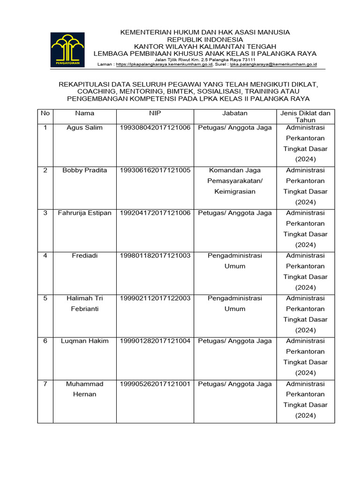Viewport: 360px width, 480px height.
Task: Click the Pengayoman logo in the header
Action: [67, 49]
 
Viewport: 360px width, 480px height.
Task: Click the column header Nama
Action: [84, 113]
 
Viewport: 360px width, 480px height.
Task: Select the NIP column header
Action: [155, 113]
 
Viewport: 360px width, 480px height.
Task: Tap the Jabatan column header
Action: [235, 113]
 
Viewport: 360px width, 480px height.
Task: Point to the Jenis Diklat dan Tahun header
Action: [305, 117]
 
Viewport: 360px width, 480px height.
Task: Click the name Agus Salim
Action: [84, 127]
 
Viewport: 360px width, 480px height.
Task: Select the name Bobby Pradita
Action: [84, 170]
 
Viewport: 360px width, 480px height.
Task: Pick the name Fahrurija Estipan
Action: [84, 213]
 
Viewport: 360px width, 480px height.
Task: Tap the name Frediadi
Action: [84, 255]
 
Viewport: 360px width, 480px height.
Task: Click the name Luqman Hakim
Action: [84, 341]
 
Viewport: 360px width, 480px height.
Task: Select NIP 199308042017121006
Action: [155, 127]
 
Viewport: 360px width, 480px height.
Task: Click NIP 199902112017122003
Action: [155, 298]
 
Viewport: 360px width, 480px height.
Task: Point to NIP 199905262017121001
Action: [155, 383]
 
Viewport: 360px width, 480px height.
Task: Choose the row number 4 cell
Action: [45, 255]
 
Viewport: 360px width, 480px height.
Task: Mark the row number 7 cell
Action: [45, 383]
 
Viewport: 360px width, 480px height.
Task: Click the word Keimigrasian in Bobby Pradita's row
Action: [235, 192]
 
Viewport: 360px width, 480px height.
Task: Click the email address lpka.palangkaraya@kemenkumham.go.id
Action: [273, 65]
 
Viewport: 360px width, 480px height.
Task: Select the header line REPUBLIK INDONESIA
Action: [205, 39]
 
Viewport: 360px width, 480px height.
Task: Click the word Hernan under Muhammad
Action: [84, 394]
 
